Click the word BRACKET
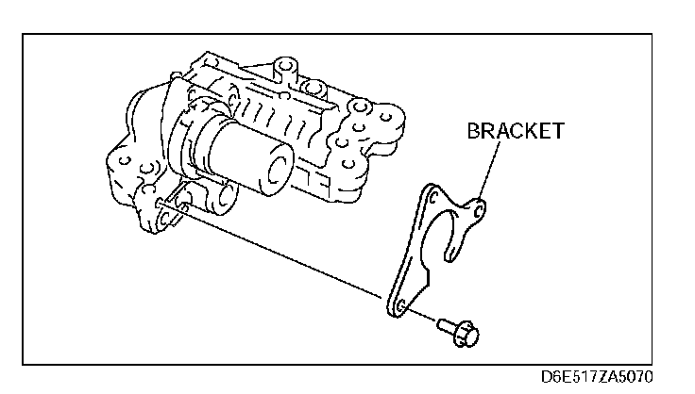[515, 131]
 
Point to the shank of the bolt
[445, 325]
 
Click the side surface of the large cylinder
[231, 156]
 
